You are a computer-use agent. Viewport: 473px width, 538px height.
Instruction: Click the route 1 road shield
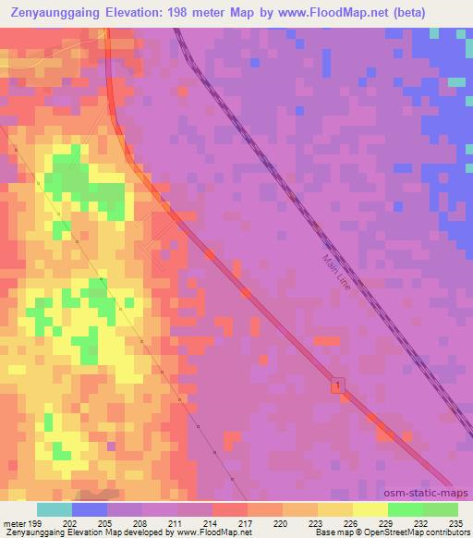339,384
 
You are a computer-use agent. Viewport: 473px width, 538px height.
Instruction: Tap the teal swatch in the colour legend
55,509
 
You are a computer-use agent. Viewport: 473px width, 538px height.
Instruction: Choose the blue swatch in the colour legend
90,509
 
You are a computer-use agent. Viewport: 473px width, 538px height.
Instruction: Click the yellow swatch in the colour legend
370,509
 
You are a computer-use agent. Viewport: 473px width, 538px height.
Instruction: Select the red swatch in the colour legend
229,509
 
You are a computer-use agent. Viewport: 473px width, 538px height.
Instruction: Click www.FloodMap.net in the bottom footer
213,532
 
